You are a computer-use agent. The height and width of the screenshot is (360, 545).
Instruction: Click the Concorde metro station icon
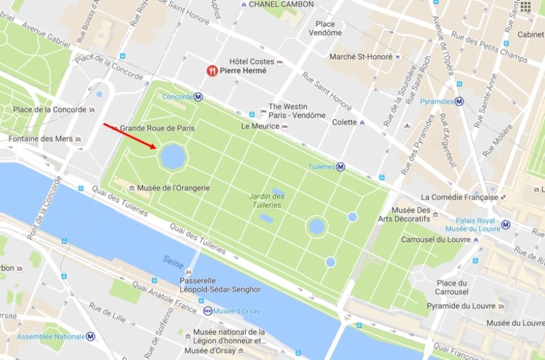pyautogui.click(x=198, y=97)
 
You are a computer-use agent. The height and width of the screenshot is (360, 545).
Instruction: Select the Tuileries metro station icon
pyautogui.click(x=340, y=166)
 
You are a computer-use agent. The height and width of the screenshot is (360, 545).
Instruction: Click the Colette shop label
pyautogui.click(x=344, y=122)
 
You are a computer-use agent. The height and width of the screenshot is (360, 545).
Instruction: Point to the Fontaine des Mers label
pyautogui.click(x=40, y=139)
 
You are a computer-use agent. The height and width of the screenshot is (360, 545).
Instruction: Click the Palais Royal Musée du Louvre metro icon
pyautogui.click(x=505, y=224)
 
